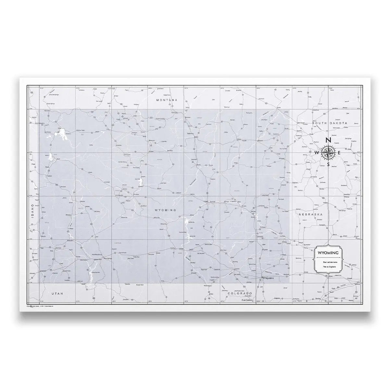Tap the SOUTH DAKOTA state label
[x=330, y=123]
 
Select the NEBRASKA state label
[x=311, y=215]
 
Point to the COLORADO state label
[x=238, y=293]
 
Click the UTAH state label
[x=57, y=293]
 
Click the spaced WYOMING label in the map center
[x=165, y=210]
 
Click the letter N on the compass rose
[x=328, y=140]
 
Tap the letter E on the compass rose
[x=339, y=153]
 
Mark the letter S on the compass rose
[x=328, y=164]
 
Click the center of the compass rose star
[x=328, y=152]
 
